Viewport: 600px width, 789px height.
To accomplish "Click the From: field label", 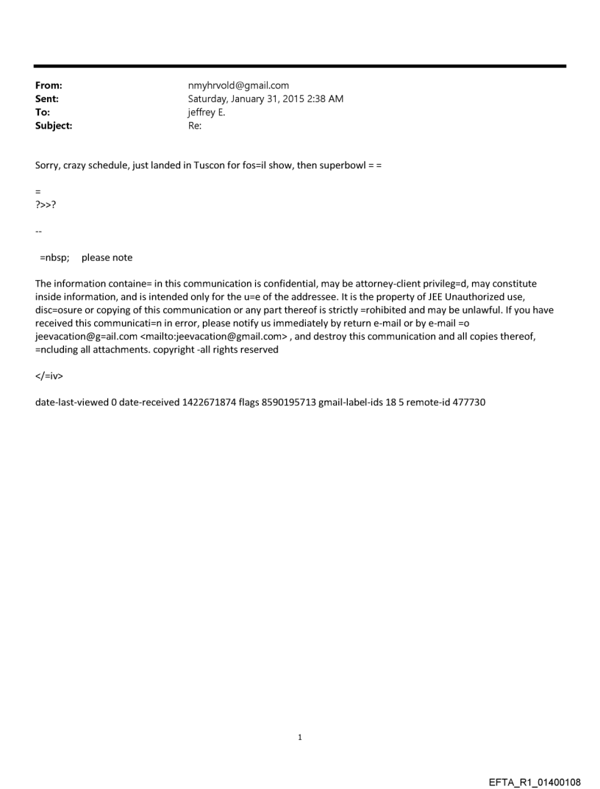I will point(48,86).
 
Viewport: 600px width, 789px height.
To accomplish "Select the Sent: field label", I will point(47,99).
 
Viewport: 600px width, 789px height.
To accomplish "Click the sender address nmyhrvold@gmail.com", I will point(238,86).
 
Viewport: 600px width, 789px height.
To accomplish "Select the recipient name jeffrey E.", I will point(207,113).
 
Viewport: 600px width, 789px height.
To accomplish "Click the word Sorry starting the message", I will point(48,165).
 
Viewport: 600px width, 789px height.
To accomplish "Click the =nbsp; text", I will point(54,258).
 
